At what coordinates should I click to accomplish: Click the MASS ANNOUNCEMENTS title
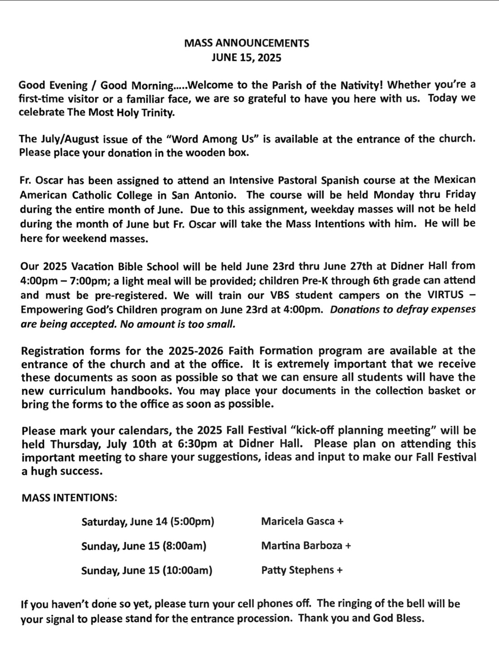click(247, 43)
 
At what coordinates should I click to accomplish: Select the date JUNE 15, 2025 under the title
click(247, 58)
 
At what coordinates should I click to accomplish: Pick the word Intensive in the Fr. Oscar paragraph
click(250, 180)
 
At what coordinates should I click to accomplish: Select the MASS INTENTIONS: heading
click(69, 498)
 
